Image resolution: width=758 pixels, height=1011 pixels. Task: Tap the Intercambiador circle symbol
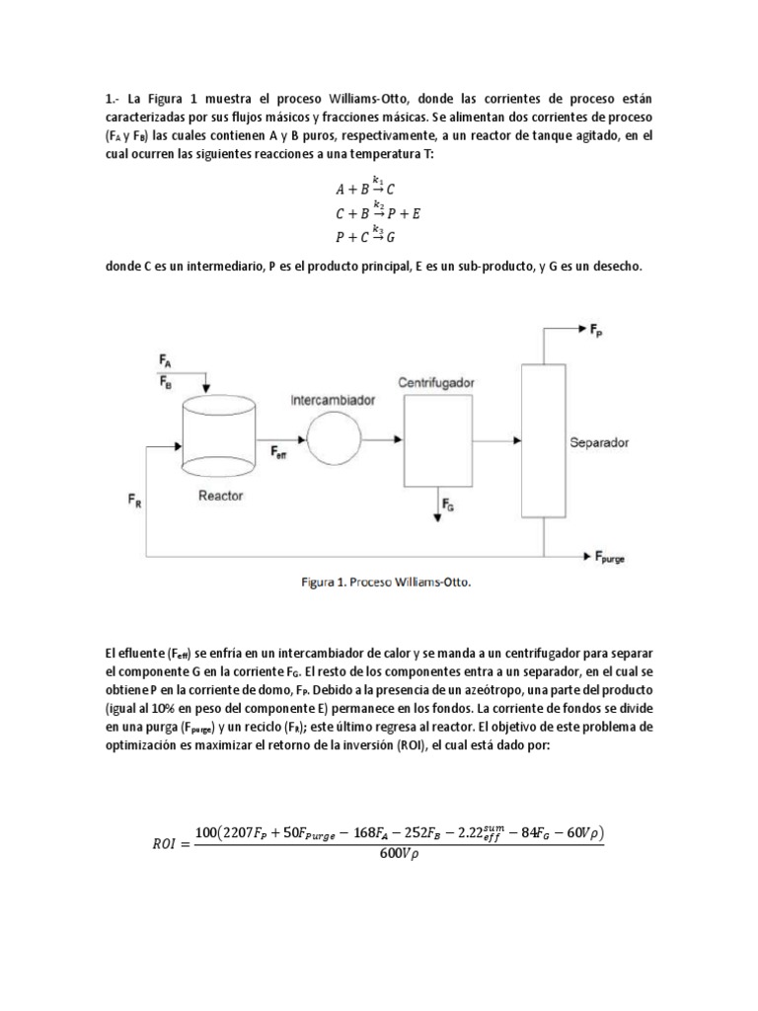337,438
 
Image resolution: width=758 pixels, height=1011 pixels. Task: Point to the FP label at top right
599,333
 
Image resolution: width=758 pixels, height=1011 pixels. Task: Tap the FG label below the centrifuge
447,506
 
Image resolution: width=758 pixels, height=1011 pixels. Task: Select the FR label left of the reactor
135,503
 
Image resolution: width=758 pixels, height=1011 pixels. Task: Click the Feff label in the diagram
280,451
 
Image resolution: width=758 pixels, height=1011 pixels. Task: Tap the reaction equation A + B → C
366,188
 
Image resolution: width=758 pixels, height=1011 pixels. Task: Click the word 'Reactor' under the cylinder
219,495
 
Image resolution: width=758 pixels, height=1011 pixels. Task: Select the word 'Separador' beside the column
599,442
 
